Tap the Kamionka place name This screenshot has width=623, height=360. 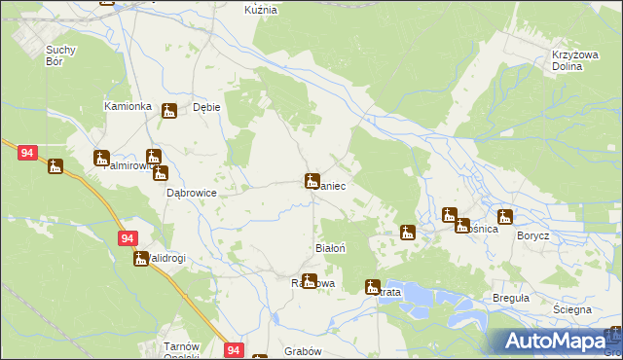[x=128, y=105]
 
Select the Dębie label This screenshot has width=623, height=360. [x=206, y=107]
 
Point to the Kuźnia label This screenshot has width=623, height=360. [x=261, y=9]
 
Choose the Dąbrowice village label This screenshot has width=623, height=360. [x=191, y=193]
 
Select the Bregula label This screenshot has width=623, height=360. [x=510, y=298]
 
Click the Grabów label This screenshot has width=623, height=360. [x=302, y=349]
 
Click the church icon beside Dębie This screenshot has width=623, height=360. [x=169, y=111]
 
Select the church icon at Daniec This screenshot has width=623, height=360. [x=311, y=180]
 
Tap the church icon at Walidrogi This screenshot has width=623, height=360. [x=141, y=258]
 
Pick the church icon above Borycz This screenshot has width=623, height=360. [x=504, y=216]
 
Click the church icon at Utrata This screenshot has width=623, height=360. [x=372, y=286]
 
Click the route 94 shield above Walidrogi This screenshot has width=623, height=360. [x=128, y=237]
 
